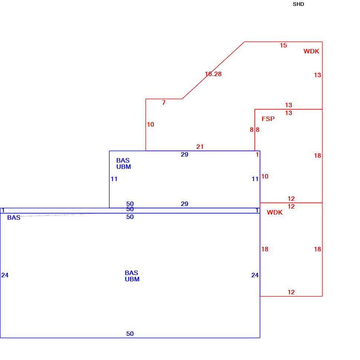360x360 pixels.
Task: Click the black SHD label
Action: click(298, 4)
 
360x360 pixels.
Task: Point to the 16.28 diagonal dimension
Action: click(213, 74)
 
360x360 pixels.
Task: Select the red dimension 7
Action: click(163, 102)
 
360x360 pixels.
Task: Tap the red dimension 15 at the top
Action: click(283, 45)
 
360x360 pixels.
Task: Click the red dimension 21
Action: click(200, 147)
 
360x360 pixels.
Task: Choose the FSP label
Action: click(268, 119)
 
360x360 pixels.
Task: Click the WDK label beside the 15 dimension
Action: click(311, 51)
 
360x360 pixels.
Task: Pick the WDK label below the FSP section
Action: click(275, 212)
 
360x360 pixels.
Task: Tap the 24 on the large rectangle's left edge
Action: click(5, 275)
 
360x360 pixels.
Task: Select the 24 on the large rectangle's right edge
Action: click(255, 275)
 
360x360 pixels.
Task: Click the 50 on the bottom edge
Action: click(130, 334)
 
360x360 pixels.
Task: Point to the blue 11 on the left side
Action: click(114, 179)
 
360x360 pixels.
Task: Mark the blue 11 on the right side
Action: click(255, 179)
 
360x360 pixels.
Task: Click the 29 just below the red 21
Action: click(184, 154)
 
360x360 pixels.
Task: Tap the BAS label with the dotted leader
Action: click(14, 217)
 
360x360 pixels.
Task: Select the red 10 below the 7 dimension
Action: click(150, 124)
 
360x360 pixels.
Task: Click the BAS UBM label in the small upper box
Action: click(124, 163)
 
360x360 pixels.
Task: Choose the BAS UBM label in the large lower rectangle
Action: click(132, 276)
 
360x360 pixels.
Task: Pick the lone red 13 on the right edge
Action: click(317, 75)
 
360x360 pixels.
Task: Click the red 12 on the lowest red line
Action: click(291, 292)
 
